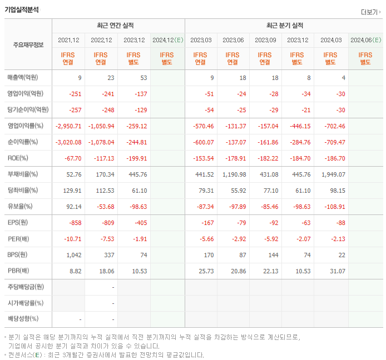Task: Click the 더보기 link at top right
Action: click(370, 12)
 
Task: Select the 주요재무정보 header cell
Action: click(28, 45)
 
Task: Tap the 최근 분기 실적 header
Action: click(284, 26)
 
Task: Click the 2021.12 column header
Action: click(68, 40)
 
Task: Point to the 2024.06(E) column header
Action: click(365, 40)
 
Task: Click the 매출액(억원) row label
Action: click(26, 78)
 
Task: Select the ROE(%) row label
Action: click(19, 158)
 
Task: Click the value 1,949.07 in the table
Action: click(333, 174)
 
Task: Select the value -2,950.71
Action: click(69, 126)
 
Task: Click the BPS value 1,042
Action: click(73, 255)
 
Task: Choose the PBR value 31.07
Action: click(336, 271)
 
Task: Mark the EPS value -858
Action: click(75, 223)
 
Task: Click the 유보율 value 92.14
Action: click(73, 207)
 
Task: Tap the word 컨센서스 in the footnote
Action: click(22, 354)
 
